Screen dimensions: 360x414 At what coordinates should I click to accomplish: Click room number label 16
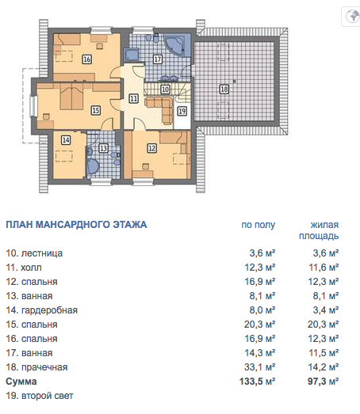coord(86,59)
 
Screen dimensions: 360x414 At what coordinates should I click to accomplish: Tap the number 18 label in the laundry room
coord(224,89)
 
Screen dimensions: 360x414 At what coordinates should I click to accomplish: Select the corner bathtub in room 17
coord(174,44)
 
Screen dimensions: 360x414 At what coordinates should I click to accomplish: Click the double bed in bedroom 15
coord(72,96)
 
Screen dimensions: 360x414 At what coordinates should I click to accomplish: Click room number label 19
coord(182,111)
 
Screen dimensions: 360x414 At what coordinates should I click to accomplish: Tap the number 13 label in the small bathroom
coord(103,148)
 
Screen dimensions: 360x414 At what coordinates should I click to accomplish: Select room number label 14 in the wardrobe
coord(66,139)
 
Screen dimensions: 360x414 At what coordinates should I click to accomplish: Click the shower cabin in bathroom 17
coord(132,55)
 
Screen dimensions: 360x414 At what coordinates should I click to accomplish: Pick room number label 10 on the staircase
coord(165,89)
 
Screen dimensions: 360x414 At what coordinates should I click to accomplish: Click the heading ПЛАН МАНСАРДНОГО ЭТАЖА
coord(76,225)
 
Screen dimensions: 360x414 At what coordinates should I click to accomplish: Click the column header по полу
coord(259,225)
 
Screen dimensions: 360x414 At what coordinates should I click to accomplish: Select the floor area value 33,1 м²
coord(260,367)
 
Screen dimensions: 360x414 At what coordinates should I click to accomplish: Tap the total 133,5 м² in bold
coord(258,382)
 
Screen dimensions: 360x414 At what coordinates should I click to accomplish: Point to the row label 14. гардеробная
coord(41,310)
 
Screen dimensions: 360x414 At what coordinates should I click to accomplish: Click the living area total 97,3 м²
coord(323,382)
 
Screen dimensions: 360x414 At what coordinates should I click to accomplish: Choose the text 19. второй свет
coord(40,396)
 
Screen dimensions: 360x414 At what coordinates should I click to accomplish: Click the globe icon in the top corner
coord(353,17)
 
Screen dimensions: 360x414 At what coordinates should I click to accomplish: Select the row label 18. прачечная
coord(36,367)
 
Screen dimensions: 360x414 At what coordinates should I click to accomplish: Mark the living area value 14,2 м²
coord(324,367)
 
